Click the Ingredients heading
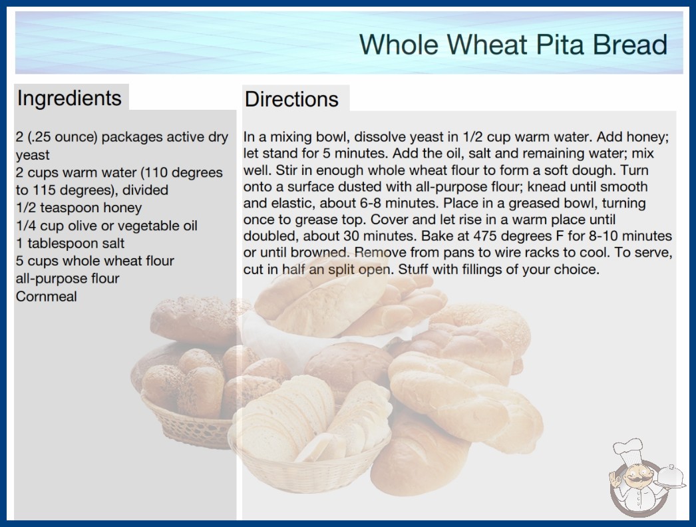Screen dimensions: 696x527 coord(69,98)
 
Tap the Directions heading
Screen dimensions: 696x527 coord(291,99)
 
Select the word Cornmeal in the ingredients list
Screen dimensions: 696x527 coord(46,296)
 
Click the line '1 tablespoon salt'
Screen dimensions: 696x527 coord(70,244)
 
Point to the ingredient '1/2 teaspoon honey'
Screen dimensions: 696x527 coord(79,208)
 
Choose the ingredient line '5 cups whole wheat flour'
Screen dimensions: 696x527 coord(95,261)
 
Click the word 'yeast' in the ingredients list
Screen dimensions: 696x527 coord(33,155)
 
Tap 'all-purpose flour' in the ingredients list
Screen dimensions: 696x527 coord(67,278)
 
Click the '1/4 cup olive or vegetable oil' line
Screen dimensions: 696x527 coord(106,226)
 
